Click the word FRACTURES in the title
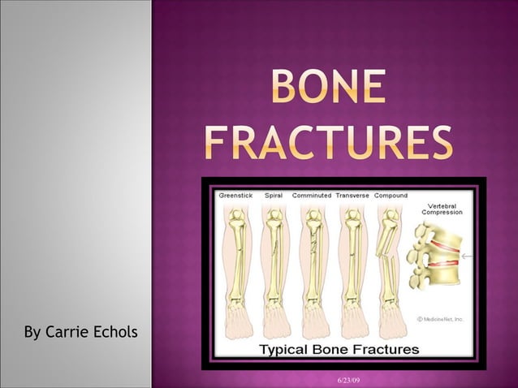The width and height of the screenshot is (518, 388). click(x=328, y=144)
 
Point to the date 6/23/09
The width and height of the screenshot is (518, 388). click(x=349, y=381)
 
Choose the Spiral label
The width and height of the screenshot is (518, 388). click(x=274, y=196)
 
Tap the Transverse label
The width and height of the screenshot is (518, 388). click(x=352, y=196)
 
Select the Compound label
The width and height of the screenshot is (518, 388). click(x=391, y=196)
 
